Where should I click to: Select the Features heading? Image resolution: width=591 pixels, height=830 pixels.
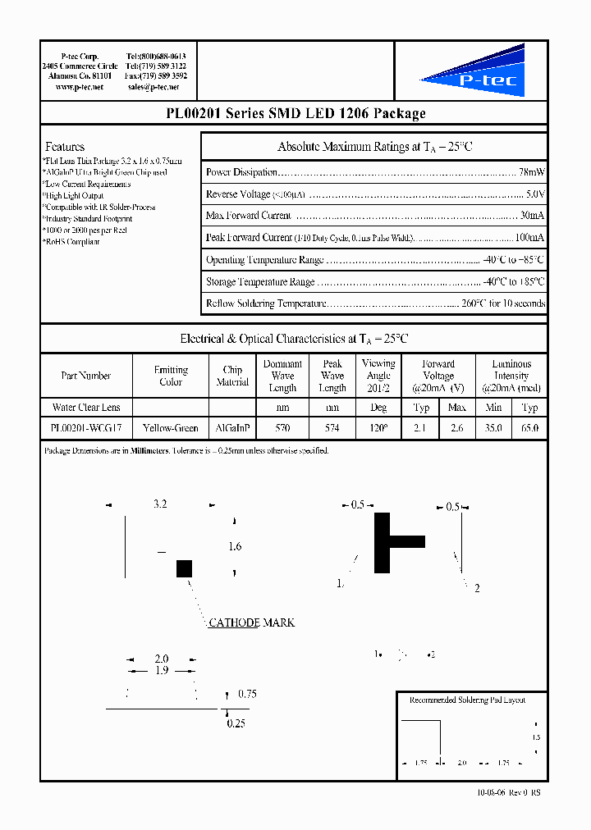(65, 147)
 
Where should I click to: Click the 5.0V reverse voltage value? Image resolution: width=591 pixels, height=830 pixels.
(534, 194)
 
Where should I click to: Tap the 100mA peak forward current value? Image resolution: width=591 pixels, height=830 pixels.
(529, 237)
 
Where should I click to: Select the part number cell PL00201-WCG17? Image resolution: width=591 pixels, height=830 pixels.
(86, 428)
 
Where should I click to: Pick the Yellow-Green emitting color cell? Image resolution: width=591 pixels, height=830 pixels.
(171, 428)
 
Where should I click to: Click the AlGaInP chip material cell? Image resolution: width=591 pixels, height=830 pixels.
(232, 428)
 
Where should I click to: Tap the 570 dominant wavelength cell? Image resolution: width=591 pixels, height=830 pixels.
(282, 428)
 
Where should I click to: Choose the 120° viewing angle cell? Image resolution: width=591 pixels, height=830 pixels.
(378, 428)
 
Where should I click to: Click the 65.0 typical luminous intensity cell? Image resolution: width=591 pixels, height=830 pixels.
(529, 428)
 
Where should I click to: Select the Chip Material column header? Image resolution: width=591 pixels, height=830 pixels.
(232, 376)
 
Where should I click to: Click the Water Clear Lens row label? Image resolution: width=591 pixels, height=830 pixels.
(86, 408)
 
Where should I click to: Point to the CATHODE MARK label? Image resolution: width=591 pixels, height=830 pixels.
(251, 622)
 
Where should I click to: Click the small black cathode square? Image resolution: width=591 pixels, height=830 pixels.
(184, 568)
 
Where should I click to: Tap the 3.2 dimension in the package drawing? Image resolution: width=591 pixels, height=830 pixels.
(160, 504)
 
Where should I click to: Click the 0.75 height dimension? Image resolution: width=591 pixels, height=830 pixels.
(247, 694)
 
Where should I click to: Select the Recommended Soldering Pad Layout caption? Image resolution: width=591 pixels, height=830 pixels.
(467, 700)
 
